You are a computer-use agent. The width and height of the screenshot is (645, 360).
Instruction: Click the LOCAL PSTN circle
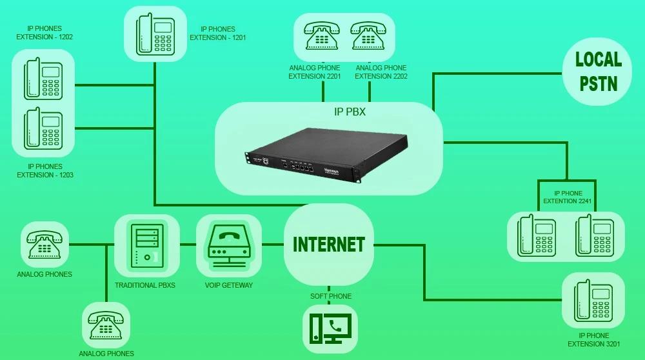pos(598,72)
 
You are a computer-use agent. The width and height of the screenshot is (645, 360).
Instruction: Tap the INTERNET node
pos(329,245)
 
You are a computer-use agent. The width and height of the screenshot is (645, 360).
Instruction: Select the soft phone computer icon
pos(330,328)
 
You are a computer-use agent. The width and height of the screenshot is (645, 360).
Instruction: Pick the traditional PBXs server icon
pos(146,245)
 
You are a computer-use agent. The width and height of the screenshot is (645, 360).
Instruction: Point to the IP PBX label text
pos(350,112)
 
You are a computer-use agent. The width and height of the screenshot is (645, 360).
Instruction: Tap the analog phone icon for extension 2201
pos(322,37)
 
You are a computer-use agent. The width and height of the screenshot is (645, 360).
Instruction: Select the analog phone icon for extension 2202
pos(368,37)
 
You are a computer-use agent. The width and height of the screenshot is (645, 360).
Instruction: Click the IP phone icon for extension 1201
pos(155,34)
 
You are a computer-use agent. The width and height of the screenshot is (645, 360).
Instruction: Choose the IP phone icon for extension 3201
pos(593,300)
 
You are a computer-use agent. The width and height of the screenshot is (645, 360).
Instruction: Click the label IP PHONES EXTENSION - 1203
pos(45,171)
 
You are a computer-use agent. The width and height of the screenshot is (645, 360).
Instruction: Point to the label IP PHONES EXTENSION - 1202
pos(45,33)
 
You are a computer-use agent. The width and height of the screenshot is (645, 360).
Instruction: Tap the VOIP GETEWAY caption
pos(229,285)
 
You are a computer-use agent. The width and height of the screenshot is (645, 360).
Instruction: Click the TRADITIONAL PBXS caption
pos(145,285)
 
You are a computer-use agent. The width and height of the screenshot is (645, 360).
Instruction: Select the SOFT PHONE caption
pos(331,296)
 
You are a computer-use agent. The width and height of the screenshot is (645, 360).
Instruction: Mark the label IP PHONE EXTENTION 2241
pos(568,197)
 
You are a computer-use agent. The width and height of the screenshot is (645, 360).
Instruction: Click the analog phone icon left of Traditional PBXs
pos(45,245)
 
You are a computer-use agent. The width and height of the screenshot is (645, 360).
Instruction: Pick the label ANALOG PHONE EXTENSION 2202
pos(381,72)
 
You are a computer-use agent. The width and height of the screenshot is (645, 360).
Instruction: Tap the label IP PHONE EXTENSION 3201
pos(593,340)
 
